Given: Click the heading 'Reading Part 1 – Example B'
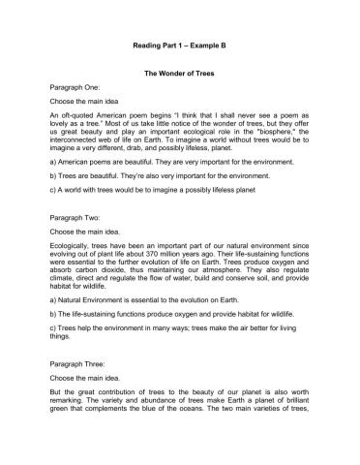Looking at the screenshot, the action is pyautogui.click(x=180, y=46).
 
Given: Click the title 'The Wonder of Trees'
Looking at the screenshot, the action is pyautogui.click(x=180, y=73).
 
